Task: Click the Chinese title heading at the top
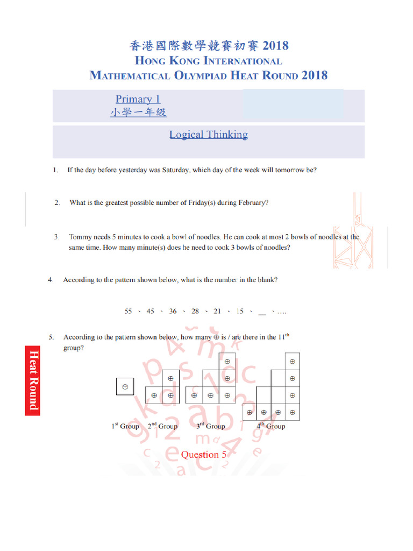coord(209,46)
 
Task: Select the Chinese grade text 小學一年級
coord(138,112)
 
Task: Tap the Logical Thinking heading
coord(209,135)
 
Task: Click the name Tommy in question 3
coord(81,237)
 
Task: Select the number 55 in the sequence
coord(129,311)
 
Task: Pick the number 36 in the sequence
coord(173,311)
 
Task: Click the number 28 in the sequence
coord(195,311)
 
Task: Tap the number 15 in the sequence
coord(240,311)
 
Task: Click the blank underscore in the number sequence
coord(262,312)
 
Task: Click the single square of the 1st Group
coord(125,386)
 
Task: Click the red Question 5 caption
coord(200,455)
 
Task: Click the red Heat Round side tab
coord(33,379)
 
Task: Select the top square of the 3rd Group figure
coord(227,362)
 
